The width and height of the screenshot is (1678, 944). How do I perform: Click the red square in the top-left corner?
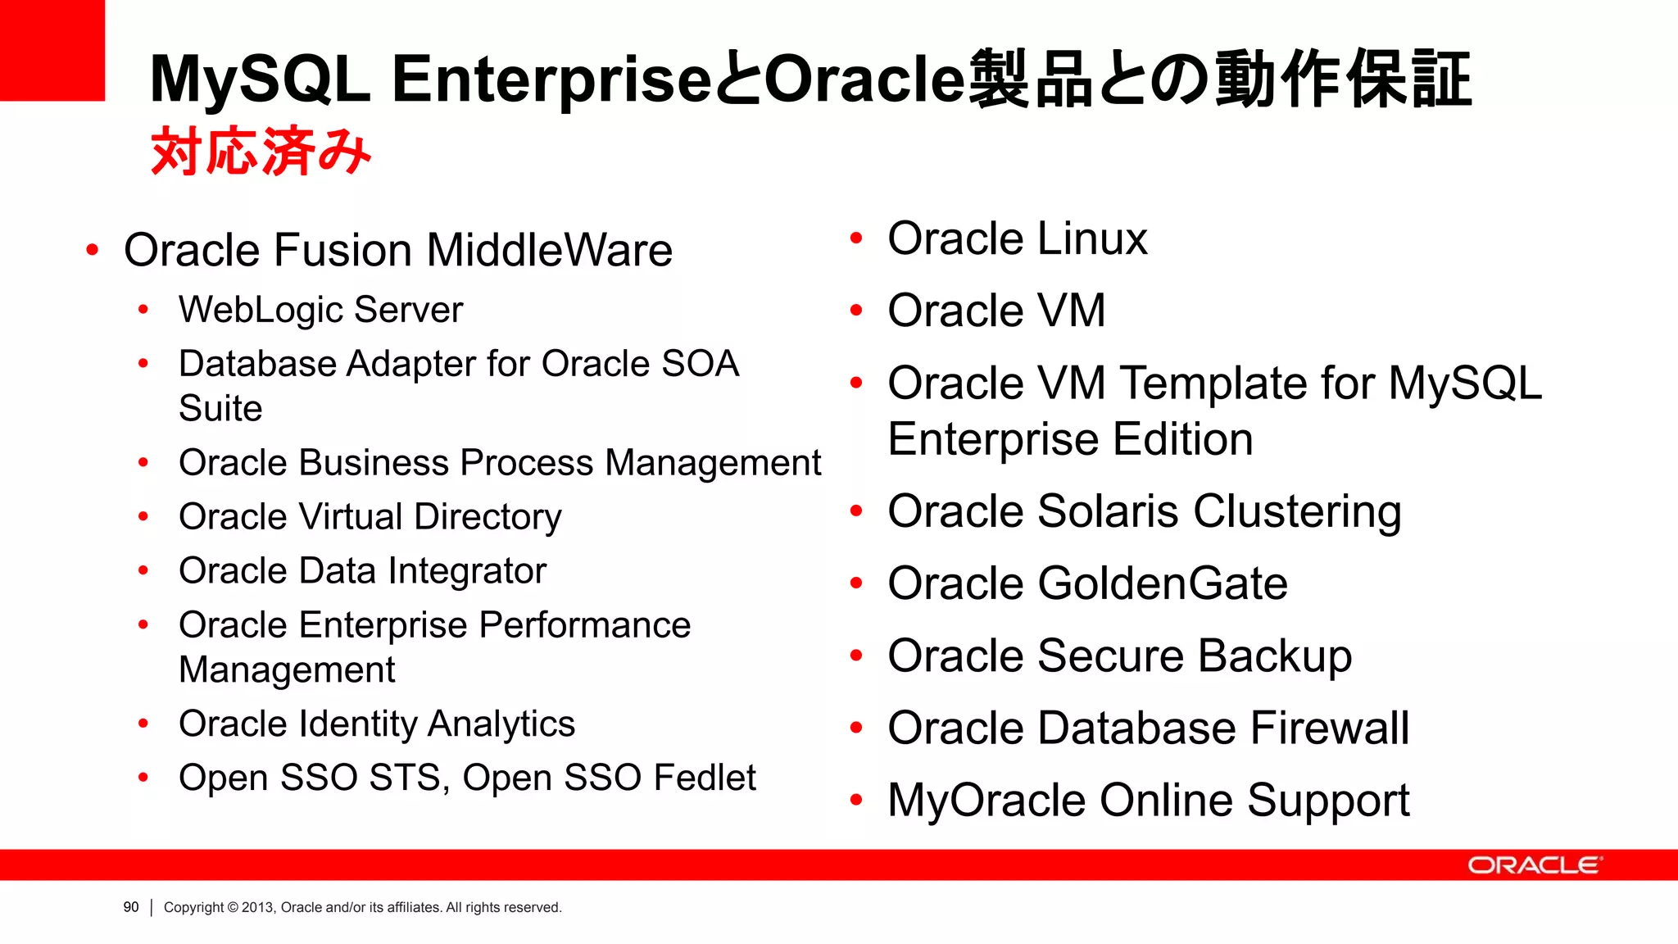(x=52, y=50)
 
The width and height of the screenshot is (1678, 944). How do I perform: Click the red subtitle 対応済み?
(x=261, y=152)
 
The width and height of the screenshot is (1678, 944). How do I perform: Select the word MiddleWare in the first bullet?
(x=549, y=250)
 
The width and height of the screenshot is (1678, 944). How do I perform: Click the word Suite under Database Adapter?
(x=220, y=408)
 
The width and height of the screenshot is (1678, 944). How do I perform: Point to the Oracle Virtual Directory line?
(x=370, y=517)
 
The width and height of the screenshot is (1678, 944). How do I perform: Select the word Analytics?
(x=501, y=724)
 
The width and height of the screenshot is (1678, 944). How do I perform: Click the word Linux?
(x=1092, y=239)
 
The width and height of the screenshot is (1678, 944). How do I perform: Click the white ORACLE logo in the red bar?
(x=1534, y=865)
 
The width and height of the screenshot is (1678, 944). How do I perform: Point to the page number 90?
(x=131, y=907)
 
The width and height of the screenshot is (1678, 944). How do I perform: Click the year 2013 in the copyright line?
(x=257, y=907)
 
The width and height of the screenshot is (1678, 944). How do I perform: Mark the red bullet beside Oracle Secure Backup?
(x=856, y=656)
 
